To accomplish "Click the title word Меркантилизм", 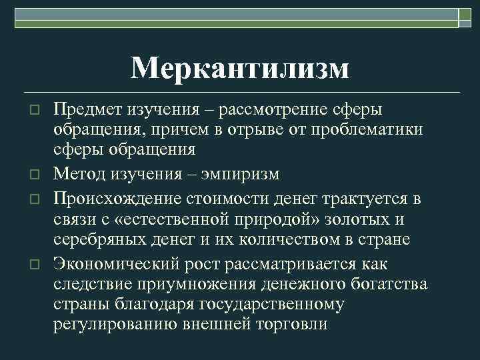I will point(239,68).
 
